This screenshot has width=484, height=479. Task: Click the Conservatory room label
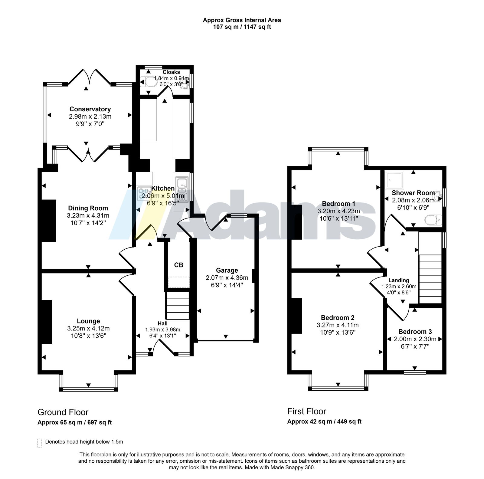pyautogui.click(x=90, y=109)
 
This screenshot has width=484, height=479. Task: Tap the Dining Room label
pyautogui.click(x=88, y=208)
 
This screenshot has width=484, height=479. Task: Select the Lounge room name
pyautogui.click(x=88, y=321)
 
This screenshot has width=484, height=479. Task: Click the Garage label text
pyautogui.click(x=227, y=270)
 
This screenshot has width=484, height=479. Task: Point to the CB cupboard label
pyautogui.click(x=179, y=265)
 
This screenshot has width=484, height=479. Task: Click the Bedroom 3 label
pyautogui.click(x=415, y=332)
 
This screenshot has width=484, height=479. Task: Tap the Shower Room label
pyautogui.click(x=413, y=193)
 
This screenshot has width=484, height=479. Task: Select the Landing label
pyautogui.click(x=399, y=281)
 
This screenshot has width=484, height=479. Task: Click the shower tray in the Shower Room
pyautogui.click(x=395, y=180)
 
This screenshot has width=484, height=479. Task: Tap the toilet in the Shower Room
pyautogui.click(x=433, y=220)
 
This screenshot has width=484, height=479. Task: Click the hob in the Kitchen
pyautogui.click(x=144, y=193)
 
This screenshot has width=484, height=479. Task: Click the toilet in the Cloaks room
pyautogui.click(x=148, y=82)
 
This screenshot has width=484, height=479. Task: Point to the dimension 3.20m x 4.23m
pyautogui.click(x=338, y=211)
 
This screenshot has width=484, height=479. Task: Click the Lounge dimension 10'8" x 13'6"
pyautogui.click(x=88, y=336)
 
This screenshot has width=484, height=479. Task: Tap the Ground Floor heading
pyautogui.click(x=63, y=412)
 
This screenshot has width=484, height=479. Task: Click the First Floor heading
pyautogui.click(x=307, y=411)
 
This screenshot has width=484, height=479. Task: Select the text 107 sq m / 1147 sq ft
pyautogui.click(x=242, y=27)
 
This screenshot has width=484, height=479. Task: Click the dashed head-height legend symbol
pyautogui.click(x=39, y=443)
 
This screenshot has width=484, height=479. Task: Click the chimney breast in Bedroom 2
pyautogui.click(x=297, y=316)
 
